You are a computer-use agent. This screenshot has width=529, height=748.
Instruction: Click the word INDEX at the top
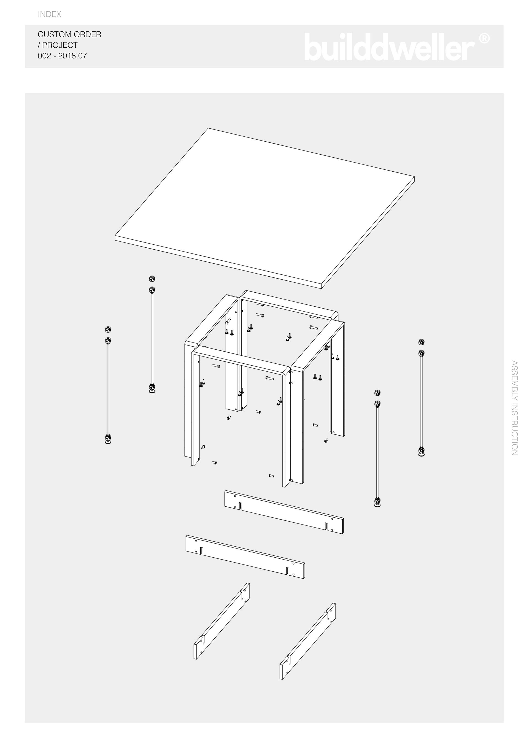tap(50, 14)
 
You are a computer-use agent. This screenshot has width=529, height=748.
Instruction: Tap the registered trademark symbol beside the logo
tap(484, 39)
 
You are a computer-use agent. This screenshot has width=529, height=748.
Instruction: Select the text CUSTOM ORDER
tap(69, 34)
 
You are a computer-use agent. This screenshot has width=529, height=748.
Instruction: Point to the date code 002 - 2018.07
tap(62, 56)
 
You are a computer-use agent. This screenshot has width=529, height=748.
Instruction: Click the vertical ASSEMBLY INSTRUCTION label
tap(514, 407)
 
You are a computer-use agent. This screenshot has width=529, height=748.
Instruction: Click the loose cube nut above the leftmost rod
tap(107, 329)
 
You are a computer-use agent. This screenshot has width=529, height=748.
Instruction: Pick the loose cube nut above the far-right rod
tap(422, 342)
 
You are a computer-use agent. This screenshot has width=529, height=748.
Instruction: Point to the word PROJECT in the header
tap(60, 45)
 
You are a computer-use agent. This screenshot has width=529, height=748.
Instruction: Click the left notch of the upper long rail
tap(241, 506)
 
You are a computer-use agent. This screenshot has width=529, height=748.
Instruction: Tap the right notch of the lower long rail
tap(288, 571)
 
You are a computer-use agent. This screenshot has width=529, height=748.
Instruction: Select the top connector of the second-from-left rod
tap(152, 289)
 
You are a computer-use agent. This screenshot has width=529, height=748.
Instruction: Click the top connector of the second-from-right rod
tap(377, 404)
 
